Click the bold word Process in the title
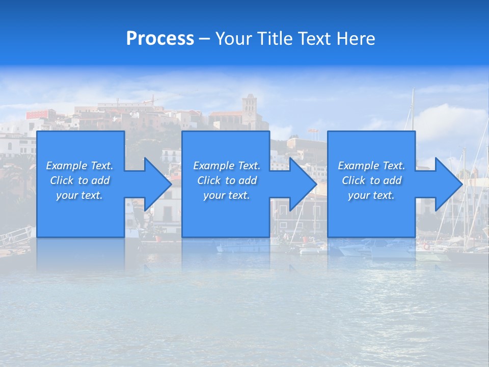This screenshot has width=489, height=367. (x=160, y=39)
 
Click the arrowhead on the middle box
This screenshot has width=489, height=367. (x=302, y=184)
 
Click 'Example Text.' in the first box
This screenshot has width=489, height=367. (x=79, y=166)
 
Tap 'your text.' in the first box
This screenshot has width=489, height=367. (x=79, y=195)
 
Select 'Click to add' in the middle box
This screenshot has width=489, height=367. (x=227, y=180)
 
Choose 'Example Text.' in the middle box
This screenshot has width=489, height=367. (x=227, y=166)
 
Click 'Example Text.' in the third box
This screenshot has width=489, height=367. (x=371, y=166)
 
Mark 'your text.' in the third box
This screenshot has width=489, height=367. (x=371, y=195)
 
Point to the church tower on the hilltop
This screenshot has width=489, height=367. (x=250, y=107)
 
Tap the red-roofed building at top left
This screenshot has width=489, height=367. (x=41, y=114)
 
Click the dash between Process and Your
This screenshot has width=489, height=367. (x=204, y=39)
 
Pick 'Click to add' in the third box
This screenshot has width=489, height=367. (x=371, y=180)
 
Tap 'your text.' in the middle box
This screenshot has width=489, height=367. (x=227, y=195)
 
